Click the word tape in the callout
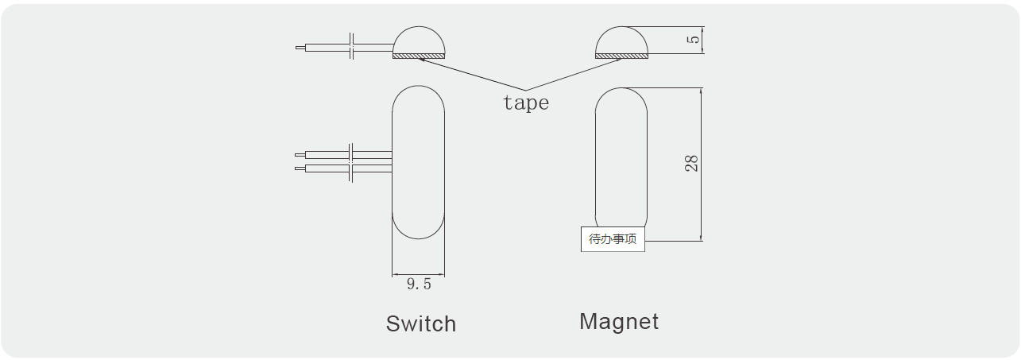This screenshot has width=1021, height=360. pos(525,103)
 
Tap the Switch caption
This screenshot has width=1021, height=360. pos(421,323)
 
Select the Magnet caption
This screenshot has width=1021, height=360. pos(619,321)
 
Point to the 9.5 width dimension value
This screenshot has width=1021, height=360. pos(419,285)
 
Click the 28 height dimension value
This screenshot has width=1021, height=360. pos(692,164)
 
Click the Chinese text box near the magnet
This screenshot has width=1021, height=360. pos(613,239)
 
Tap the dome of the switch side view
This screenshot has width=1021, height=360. pos(419,41)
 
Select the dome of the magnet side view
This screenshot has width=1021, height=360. pos(621,41)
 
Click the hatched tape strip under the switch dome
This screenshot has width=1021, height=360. pos(419,56)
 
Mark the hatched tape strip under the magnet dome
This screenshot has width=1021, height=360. pos(621,56)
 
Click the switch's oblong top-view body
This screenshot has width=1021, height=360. pos(418,162)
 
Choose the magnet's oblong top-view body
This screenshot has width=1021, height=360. pos(621,159)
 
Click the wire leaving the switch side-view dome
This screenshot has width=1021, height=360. pos(326,47)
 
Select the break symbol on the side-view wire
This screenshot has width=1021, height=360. pos(352,47)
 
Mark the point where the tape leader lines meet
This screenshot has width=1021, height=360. pos(525,90)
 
